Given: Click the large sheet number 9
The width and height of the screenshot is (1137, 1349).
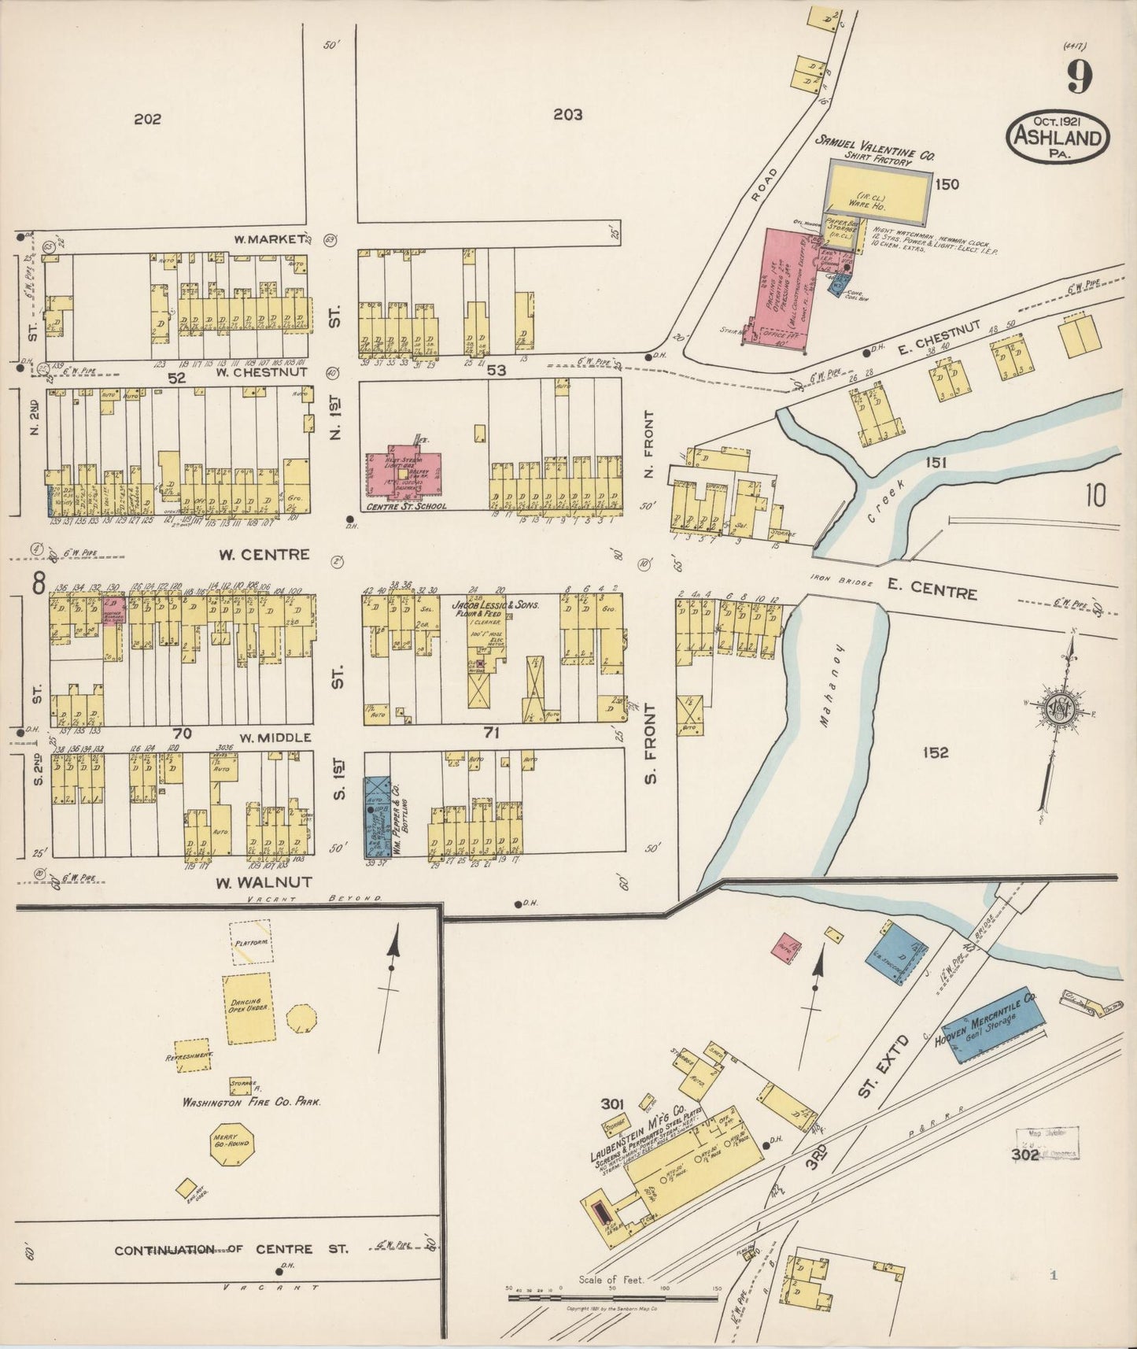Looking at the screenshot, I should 1080,76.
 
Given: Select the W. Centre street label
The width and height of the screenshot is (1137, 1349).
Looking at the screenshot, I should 264,554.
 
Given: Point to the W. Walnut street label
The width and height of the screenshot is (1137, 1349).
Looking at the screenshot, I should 264,881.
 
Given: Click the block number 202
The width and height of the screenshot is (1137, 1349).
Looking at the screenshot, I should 147,120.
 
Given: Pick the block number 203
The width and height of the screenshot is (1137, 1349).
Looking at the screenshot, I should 567,115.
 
